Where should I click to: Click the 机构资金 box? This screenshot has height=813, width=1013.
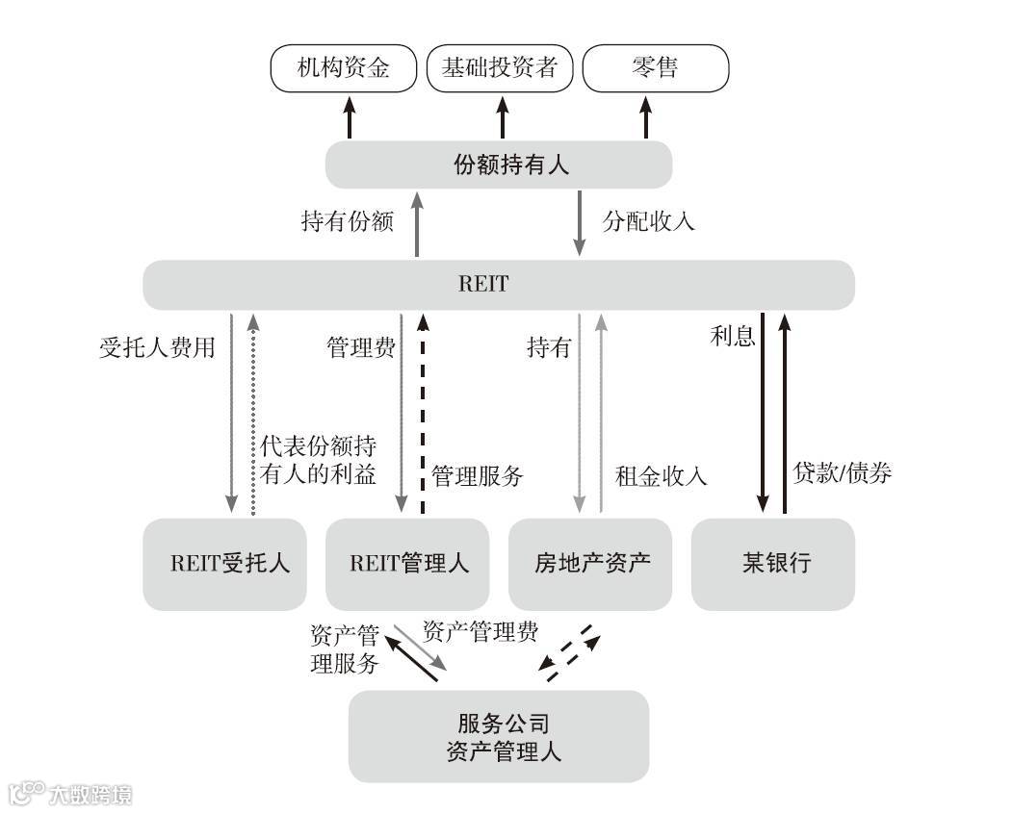pos(344,68)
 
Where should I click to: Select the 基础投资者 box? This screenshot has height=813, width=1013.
pos(500,68)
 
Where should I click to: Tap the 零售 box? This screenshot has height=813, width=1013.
pos(656,68)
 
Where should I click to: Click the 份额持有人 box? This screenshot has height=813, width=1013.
pos(498,165)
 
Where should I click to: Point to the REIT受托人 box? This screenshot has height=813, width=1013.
pos(224,564)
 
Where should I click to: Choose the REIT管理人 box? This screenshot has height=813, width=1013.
pos(408,564)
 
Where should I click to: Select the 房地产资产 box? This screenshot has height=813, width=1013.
pos(589,564)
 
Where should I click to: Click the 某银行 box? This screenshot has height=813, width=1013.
pos(772,564)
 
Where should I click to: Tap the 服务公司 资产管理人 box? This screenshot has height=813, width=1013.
pos(498,736)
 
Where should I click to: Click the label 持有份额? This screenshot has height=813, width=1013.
pos(348,222)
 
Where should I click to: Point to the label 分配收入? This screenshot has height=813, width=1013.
pos(648,221)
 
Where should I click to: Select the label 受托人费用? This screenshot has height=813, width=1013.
pos(157,347)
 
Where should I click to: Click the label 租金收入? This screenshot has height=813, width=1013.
pos(662,475)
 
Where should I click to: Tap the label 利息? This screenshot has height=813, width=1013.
pos(732,337)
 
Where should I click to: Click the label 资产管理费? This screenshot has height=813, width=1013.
pos(481,632)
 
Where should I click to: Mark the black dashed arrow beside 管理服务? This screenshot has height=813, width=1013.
pos(422,414)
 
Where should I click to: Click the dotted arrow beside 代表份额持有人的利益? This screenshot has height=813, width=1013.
pos(253,414)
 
